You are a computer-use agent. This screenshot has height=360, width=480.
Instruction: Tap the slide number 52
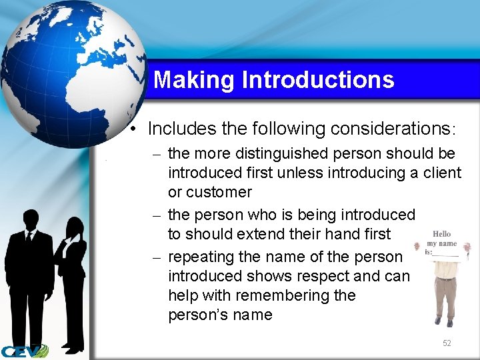(447, 343)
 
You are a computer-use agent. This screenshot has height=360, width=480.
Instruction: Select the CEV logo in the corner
(24, 351)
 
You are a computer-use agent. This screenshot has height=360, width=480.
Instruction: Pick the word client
(441, 173)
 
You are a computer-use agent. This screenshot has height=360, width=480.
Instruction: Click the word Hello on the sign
(441, 234)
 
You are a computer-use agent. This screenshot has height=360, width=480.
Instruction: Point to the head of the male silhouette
(31, 221)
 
